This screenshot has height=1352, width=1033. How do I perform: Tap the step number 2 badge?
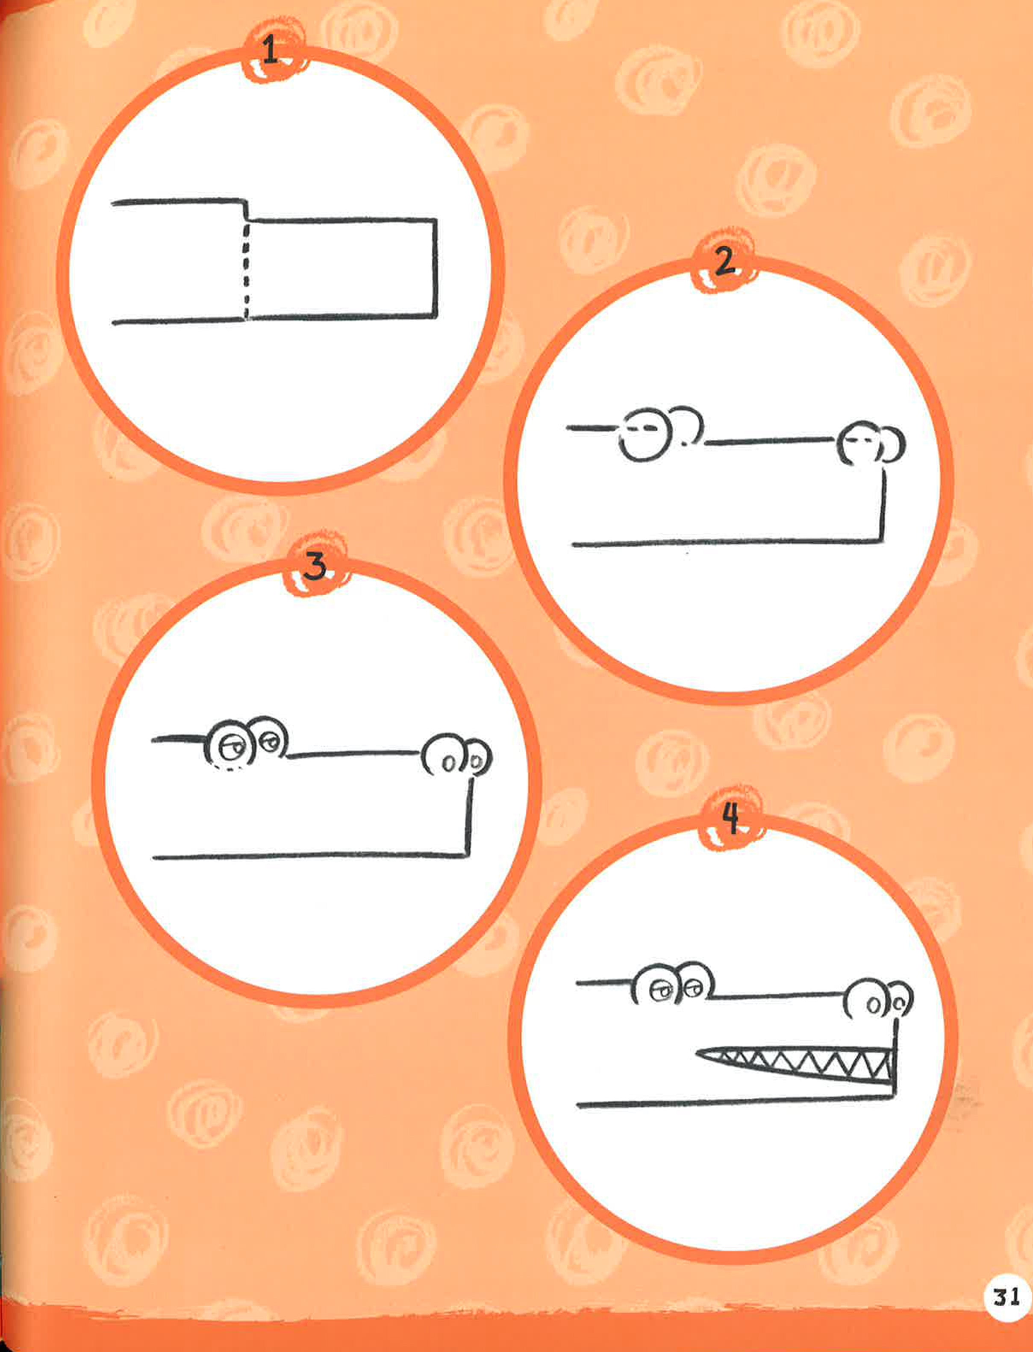724,262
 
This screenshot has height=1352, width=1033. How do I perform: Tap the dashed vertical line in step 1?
246,270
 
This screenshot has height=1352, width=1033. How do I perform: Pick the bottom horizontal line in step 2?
726,542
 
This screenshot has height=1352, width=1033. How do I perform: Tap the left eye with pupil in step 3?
230,745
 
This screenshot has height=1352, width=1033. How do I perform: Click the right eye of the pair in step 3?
269,738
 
